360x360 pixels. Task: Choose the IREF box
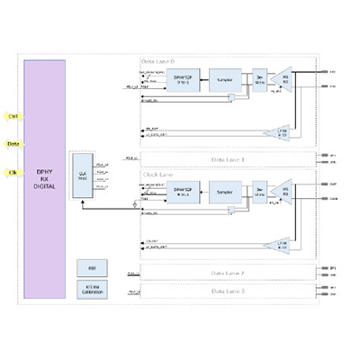pyautogui.click(x=91, y=268)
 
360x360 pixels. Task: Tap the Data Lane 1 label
pyautogui.click(x=229, y=158)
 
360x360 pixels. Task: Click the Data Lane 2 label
pyautogui.click(x=229, y=272)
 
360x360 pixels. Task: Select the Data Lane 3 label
pyautogui.click(x=229, y=291)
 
